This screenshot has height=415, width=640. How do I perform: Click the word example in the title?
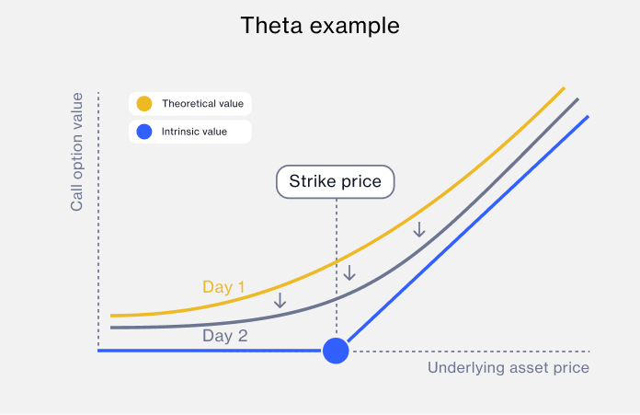(x=353, y=26)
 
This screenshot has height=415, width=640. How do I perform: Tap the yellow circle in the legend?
(x=144, y=103)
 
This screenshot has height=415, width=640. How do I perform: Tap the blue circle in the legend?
(x=144, y=133)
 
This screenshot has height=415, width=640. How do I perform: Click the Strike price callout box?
(x=336, y=181)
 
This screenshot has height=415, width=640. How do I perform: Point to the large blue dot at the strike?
(x=337, y=351)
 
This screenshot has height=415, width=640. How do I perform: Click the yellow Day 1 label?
(x=223, y=287)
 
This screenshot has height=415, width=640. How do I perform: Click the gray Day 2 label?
(x=225, y=336)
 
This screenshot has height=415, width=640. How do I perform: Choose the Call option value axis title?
(x=78, y=152)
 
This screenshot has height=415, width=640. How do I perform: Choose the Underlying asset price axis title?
(x=509, y=368)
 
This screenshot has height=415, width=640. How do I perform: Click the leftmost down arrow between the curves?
(x=280, y=300)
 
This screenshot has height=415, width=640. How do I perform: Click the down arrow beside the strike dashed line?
(x=349, y=272)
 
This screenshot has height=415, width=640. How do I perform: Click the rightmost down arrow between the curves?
(x=419, y=229)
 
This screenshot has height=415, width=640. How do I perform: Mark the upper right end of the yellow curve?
(x=563, y=88)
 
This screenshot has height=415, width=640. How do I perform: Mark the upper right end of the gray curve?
(x=577, y=99)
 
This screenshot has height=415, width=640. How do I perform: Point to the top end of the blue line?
(x=587, y=117)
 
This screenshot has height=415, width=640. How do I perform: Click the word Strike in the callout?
(x=311, y=181)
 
